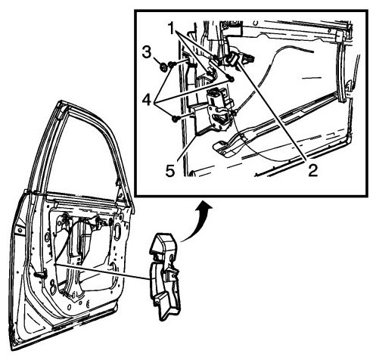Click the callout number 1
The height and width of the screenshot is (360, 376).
click(172, 28)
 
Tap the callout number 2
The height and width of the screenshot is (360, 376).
click(312, 170)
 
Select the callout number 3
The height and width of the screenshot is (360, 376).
click(147, 53)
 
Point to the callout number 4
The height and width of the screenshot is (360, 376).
click(147, 100)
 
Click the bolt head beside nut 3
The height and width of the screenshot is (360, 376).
click(171, 65)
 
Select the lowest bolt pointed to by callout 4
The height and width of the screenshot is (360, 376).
click(175, 118)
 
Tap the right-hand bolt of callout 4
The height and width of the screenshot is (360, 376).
click(230, 78)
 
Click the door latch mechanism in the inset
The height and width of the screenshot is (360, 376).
click(219, 112)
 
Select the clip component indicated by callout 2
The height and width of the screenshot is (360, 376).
click(232, 59)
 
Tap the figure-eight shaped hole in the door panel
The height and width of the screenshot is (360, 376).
click(52, 286)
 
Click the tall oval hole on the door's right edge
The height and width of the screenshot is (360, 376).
click(117, 231)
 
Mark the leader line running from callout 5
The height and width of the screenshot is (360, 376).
click(187, 147)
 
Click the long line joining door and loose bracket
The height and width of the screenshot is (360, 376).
click(101, 272)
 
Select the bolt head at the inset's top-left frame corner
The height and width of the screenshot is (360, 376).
click(225, 25)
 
